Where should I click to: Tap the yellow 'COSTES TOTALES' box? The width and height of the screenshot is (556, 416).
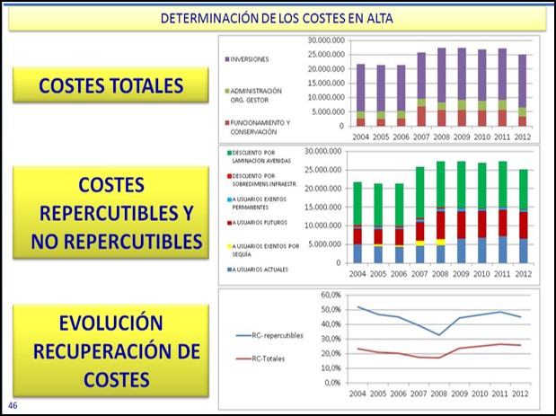pos(111,85)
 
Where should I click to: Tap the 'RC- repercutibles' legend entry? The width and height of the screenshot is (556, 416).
pos(276,335)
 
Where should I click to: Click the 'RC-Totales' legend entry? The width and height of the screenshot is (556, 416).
pos(269,360)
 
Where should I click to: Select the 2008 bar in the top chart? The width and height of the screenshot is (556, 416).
pos(442,87)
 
